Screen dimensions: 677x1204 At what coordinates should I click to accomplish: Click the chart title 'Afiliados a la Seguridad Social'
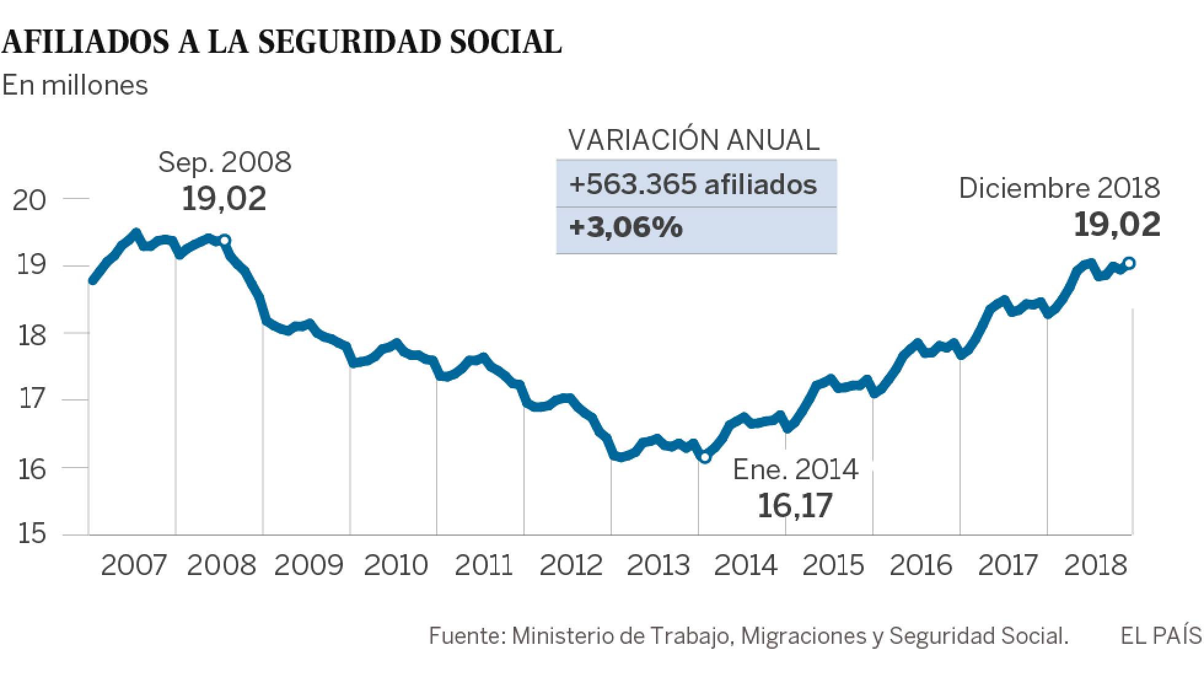pyautogui.click(x=281, y=42)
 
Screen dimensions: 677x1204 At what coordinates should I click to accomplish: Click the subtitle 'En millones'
pyautogui.click(x=75, y=85)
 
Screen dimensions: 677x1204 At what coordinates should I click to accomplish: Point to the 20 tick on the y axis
pyautogui.click(x=29, y=200)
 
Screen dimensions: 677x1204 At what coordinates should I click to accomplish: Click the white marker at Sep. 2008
pyautogui.click(x=225, y=240)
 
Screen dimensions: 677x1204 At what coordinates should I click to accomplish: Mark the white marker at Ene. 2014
pyautogui.click(x=705, y=457)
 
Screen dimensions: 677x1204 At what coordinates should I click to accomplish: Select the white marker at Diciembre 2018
pyautogui.click(x=1129, y=264)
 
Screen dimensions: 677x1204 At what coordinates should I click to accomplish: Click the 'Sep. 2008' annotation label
pyautogui.click(x=225, y=163)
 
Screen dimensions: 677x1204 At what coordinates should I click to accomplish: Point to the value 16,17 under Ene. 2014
pyautogui.click(x=795, y=506)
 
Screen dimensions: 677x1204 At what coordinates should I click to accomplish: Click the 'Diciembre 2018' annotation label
pyautogui.click(x=1059, y=188)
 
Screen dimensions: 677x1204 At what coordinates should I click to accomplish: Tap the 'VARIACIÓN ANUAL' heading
pyautogui.click(x=694, y=140)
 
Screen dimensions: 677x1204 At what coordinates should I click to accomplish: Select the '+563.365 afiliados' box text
pyautogui.click(x=693, y=184)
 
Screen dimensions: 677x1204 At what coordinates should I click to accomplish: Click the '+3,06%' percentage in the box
pyautogui.click(x=625, y=228)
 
